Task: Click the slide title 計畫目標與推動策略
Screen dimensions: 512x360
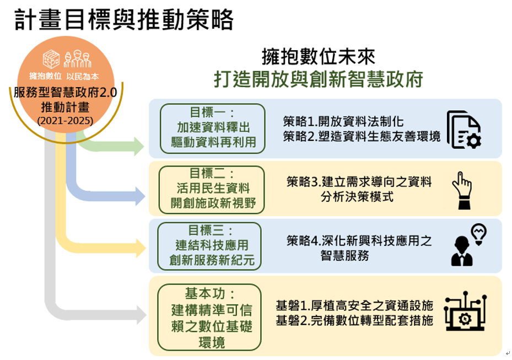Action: (x=124, y=20)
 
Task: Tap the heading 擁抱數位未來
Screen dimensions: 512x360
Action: (x=319, y=57)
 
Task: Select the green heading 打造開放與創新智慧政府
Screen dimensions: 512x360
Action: (x=319, y=79)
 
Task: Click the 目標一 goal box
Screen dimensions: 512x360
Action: (x=213, y=128)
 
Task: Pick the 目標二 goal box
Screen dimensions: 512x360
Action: (x=212, y=190)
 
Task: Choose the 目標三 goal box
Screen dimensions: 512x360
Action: (x=209, y=246)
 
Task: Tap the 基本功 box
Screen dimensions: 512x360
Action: (x=209, y=318)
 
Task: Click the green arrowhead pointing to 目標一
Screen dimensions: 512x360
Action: (x=139, y=146)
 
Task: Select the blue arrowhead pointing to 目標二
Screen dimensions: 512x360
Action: (x=140, y=196)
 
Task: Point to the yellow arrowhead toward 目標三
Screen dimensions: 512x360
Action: (x=141, y=248)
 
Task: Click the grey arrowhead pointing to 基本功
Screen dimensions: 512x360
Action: (x=142, y=315)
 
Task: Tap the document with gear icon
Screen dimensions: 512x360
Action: (x=464, y=130)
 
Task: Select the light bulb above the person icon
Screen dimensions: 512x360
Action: (x=479, y=234)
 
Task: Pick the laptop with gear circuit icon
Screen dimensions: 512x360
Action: (x=465, y=311)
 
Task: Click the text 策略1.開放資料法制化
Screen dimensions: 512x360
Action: (x=343, y=121)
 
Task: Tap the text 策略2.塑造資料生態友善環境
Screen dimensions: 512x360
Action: (x=362, y=136)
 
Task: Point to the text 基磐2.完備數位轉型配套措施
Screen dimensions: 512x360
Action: (x=354, y=320)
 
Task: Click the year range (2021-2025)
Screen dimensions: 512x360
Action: (x=65, y=121)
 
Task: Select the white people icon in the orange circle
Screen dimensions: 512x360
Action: (x=77, y=59)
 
